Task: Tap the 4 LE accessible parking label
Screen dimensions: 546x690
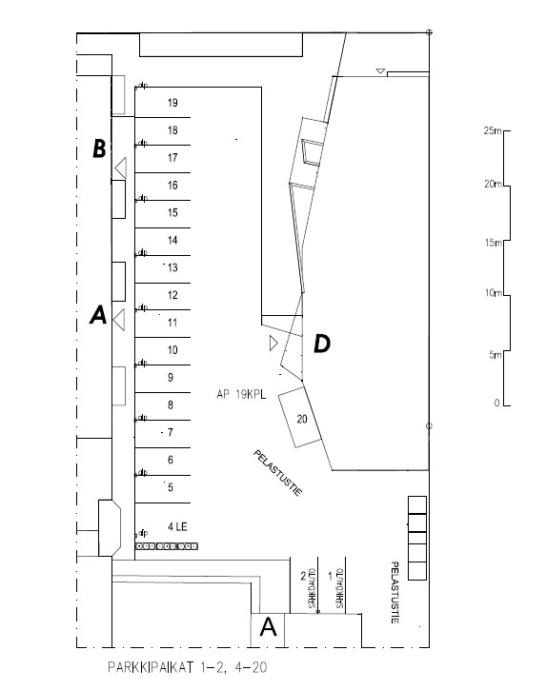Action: pos(177,526)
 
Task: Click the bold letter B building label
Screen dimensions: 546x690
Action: pos(99,148)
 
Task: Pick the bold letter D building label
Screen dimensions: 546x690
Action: pos(322,344)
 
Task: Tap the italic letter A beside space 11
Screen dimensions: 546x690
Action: pos(98,315)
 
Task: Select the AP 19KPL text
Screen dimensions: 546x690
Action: pos(241,394)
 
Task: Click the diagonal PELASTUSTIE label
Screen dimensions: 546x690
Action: pos(277,473)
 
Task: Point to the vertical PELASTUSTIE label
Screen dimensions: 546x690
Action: pos(394,592)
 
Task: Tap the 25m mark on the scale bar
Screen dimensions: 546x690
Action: pos(493,130)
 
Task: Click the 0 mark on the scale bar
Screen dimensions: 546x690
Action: pos(497,403)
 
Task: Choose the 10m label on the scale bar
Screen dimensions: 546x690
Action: pos(494,292)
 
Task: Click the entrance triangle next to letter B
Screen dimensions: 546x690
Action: pos(120,168)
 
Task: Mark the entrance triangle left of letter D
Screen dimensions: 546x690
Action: pos(273,344)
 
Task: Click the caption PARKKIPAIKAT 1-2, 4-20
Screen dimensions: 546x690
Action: pos(188,667)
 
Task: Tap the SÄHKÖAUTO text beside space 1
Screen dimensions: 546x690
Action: pos(340,588)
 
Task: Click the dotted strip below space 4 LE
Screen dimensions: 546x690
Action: pos(167,546)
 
